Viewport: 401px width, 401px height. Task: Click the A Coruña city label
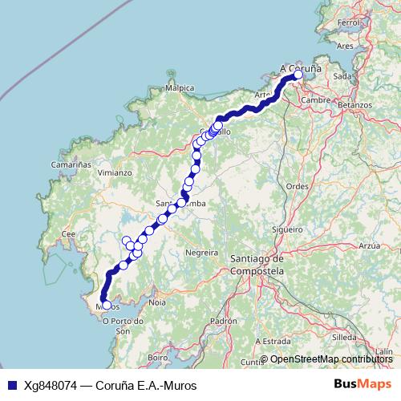coord(301,68)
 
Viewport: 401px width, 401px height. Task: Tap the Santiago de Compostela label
coord(257,265)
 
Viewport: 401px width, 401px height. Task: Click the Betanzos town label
coord(354,105)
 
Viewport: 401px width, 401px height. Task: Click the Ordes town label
coord(297,185)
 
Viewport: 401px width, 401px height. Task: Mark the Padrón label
coord(218,321)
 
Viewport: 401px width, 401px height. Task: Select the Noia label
coord(156,302)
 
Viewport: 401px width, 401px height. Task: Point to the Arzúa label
coord(369,245)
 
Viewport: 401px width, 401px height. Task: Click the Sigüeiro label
coord(287,229)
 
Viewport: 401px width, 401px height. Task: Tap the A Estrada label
coord(277,341)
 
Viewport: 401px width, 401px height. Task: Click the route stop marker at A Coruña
coord(298,75)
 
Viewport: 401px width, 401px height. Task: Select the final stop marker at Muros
coord(106,305)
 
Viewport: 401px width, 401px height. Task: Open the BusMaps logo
coord(363,384)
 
